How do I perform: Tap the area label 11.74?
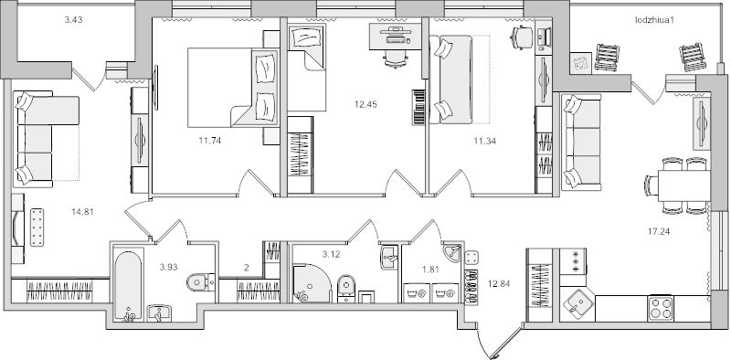pos(210,141)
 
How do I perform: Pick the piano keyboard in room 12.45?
pos(419,107)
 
